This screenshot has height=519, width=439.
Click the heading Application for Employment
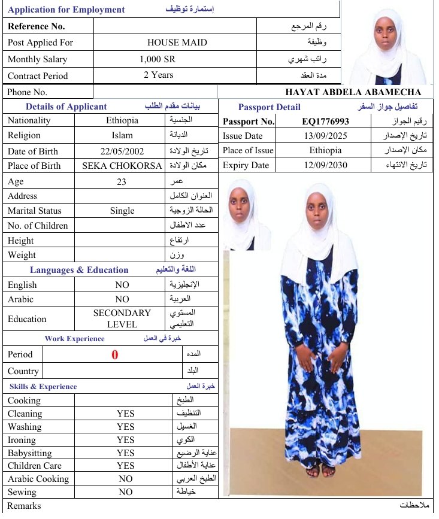click(x=66, y=10)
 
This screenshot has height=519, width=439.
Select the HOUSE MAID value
click(x=177, y=43)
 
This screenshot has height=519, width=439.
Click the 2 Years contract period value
click(x=159, y=75)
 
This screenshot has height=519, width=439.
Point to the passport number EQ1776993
click(x=325, y=122)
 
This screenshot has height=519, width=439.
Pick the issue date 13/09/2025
click(x=325, y=136)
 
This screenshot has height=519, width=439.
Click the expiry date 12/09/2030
click(x=325, y=165)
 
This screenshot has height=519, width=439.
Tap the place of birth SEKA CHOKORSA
click(x=122, y=166)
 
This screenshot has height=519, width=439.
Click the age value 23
click(x=122, y=182)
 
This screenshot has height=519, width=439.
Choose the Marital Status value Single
click(x=122, y=211)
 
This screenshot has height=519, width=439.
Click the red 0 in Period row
click(x=115, y=354)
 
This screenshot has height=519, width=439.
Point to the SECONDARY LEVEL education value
click(x=122, y=318)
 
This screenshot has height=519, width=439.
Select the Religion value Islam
click(x=122, y=136)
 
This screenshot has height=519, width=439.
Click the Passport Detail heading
click(x=270, y=107)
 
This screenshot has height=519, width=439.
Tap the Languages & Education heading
click(x=79, y=270)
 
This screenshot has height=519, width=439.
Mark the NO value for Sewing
click(x=126, y=492)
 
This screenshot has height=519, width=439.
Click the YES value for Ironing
click(x=126, y=440)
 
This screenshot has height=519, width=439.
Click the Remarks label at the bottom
click(x=25, y=506)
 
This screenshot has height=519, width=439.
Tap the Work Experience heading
click(x=74, y=339)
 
